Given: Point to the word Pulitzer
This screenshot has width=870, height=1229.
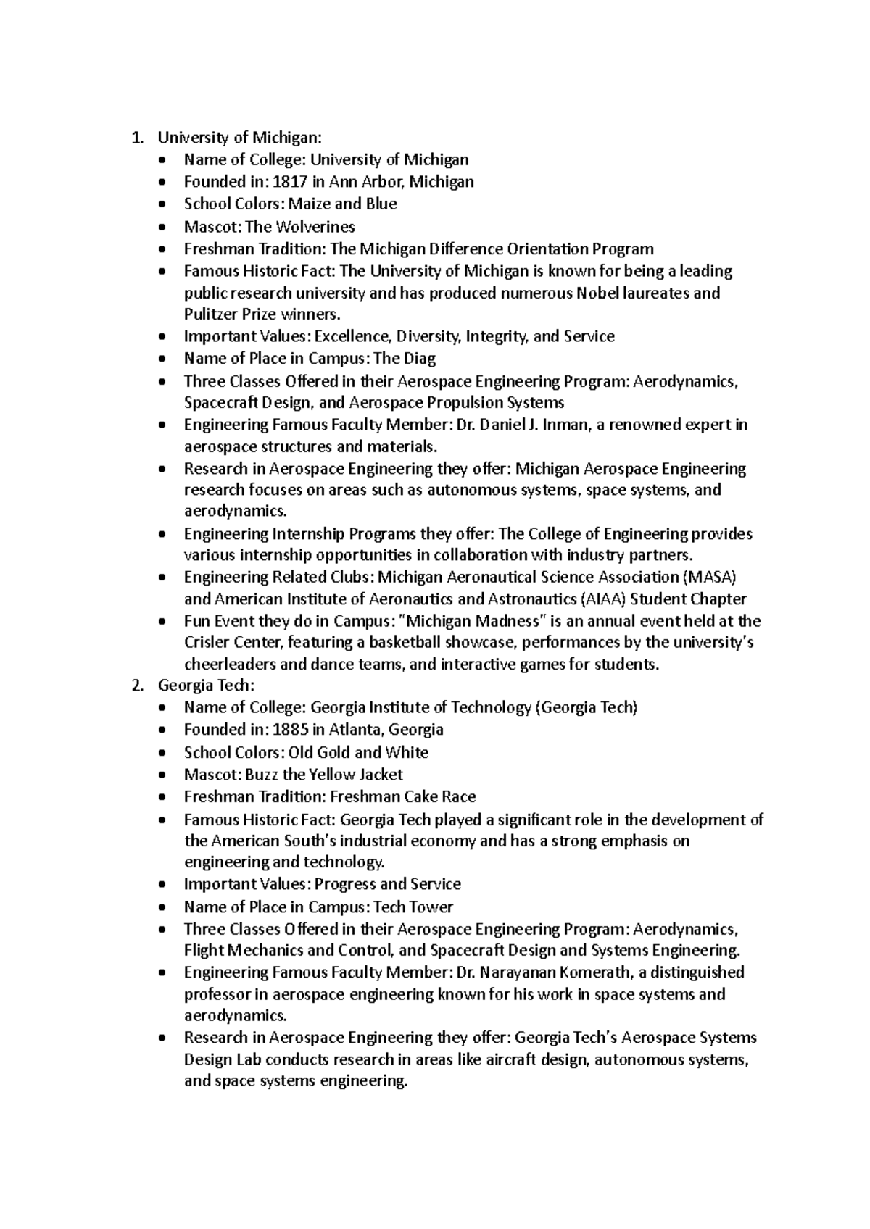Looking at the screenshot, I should tap(210, 314).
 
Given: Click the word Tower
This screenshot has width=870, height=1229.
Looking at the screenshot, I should tap(431, 907).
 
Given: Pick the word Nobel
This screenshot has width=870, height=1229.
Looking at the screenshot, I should tap(598, 293).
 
